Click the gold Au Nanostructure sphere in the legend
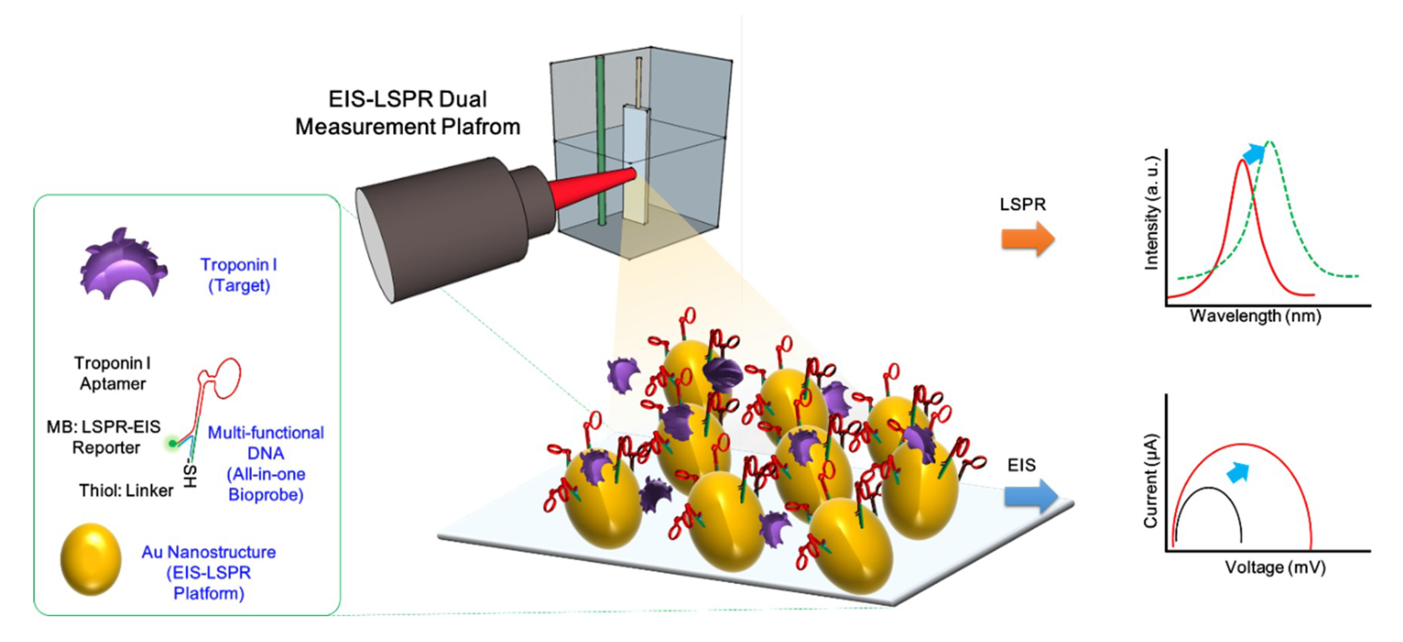(x=90, y=559)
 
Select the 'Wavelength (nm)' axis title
(x=1255, y=316)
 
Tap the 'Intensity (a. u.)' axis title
(x=1151, y=213)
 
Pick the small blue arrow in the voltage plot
(x=1237, y=472)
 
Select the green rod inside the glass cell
(x=600, y=141)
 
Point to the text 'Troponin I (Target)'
(x=238, y=275)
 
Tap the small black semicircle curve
(x=1208, y=489)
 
